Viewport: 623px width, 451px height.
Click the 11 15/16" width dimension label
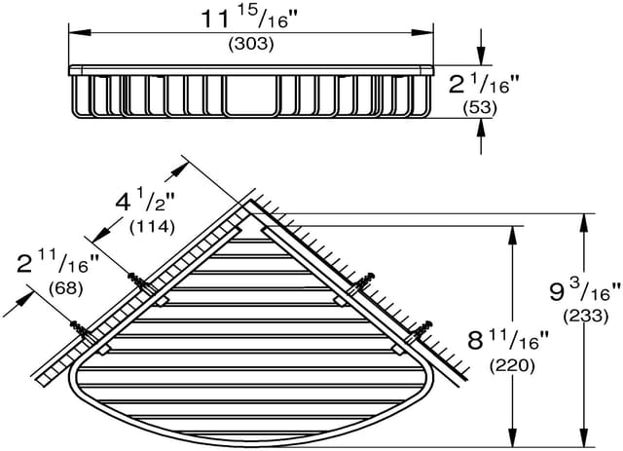pyautogui.click(x=250, y=19)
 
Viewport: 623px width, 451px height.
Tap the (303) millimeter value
pyautogui.click(x=251, y=44)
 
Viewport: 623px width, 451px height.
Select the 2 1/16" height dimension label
pyautogui.click(x=479, y=85)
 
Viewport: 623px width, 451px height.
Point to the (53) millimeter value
pyautogui.click(x=480, y=108)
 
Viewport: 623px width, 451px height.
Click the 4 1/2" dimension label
pyautogui.click(x=146, y=203)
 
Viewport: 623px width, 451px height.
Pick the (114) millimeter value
pyautogui.click(x=152, y=227)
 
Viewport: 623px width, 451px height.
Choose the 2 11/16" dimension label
pyautogui.click(x=58, y=263)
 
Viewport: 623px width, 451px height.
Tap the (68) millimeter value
pyautogui.click(x=65, y=288)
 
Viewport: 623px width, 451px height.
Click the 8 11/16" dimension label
pyautogui.click(x=508, y=340)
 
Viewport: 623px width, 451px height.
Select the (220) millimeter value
pyautogui.click(x=512, y=366)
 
